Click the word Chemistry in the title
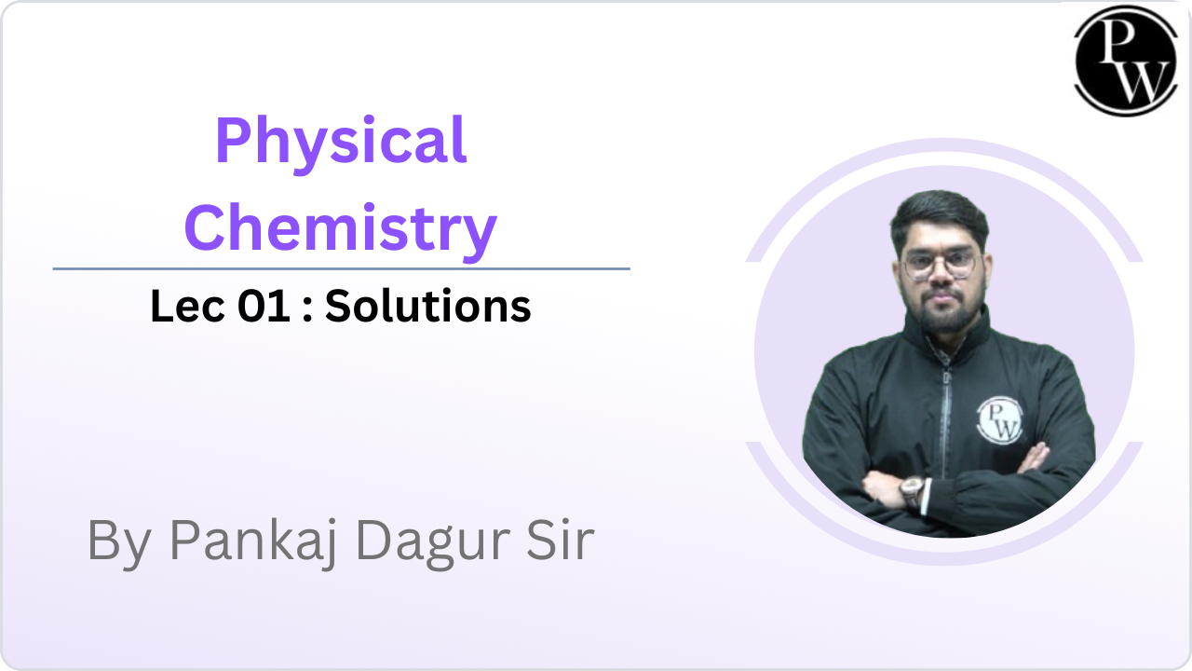pyautogui.click(x=341, y=230)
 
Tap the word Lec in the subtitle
pyautogui.click(x=187, y=307)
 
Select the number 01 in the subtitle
pyautogui.click(x=264, y=307)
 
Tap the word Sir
pyautogui.click(x=561, y=540)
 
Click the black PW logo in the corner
pyautogui.click(x=1126, y=61)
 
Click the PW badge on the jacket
pyautogui.click(x=999, y=420)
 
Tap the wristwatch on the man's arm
pyautogui.click(x=912, y=490)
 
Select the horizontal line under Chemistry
pyautogui.click(x=341, y=269)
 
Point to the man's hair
pyautogui.click(x=940, y=215)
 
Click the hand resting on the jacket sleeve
pyautogui.click(x=1034, y=457)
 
